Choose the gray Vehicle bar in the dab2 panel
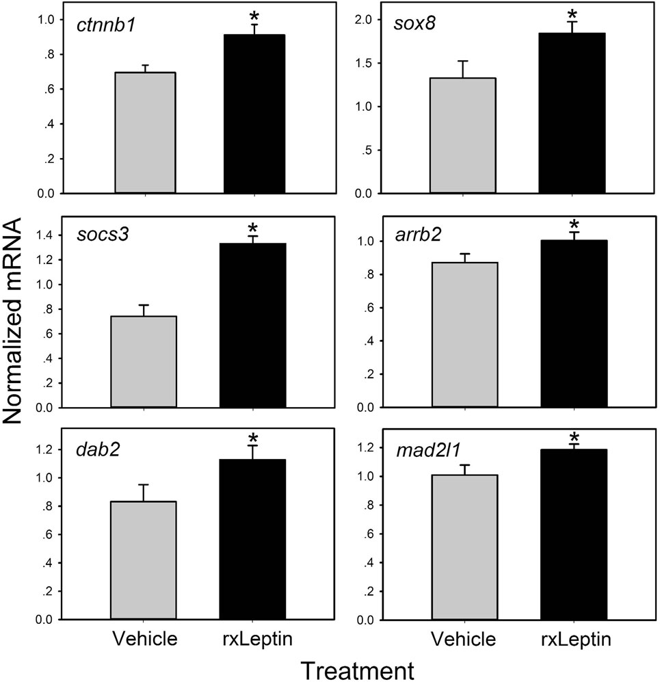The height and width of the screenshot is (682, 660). [x=145, y=560]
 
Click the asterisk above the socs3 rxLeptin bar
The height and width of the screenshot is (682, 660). [x=252, y=228]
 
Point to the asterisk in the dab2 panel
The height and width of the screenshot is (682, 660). [x=252, y=438]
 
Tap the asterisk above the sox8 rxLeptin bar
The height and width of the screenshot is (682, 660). [x=571, y=14]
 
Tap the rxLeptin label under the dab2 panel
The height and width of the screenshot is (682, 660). [x=253, y=639]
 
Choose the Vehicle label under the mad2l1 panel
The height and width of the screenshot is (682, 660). [x=464, y=639]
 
